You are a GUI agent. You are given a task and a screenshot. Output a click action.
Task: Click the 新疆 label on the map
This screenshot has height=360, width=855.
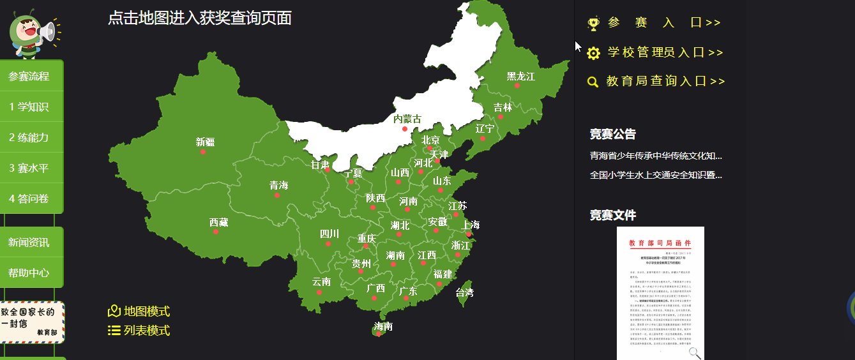[205, 142]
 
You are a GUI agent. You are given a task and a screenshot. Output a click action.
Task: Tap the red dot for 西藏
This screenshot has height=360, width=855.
[216, 232]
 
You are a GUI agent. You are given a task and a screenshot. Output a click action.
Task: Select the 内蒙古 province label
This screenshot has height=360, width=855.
[407, 119]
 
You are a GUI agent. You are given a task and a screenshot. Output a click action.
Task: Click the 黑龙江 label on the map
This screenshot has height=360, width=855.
[520, 76]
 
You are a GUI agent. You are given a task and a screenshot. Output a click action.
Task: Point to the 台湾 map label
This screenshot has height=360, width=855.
[464, 293]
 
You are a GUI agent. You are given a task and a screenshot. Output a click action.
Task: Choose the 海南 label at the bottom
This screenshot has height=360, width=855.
[383, 326]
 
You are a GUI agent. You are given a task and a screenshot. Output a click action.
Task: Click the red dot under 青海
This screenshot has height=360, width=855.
[277, 195]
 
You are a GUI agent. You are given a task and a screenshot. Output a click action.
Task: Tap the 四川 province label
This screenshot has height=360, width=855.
[329, 234]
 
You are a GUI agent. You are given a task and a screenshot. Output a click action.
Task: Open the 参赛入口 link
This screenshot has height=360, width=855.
[664, 23]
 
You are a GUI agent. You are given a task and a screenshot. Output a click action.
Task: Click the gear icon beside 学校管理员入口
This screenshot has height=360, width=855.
[593, 53]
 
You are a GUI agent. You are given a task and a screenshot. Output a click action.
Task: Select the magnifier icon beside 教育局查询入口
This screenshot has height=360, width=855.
[593, 82]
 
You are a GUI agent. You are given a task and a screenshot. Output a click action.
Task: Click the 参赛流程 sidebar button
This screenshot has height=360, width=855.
[29, 76]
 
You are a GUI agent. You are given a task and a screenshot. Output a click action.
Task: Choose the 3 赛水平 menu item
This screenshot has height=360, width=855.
[29, 168]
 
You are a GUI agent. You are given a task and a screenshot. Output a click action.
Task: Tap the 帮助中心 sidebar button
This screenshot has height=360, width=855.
[29, 273]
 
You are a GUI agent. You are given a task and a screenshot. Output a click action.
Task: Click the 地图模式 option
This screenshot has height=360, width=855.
[146, 311]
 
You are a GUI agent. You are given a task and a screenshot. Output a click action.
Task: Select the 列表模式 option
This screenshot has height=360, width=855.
[146, 331]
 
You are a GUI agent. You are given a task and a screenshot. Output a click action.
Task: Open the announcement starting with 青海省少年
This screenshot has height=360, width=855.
[656, 156]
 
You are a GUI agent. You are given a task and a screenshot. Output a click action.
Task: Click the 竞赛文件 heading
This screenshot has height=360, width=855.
[612, 215]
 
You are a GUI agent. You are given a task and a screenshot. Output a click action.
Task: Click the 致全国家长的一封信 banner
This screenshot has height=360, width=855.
[32, 322]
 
